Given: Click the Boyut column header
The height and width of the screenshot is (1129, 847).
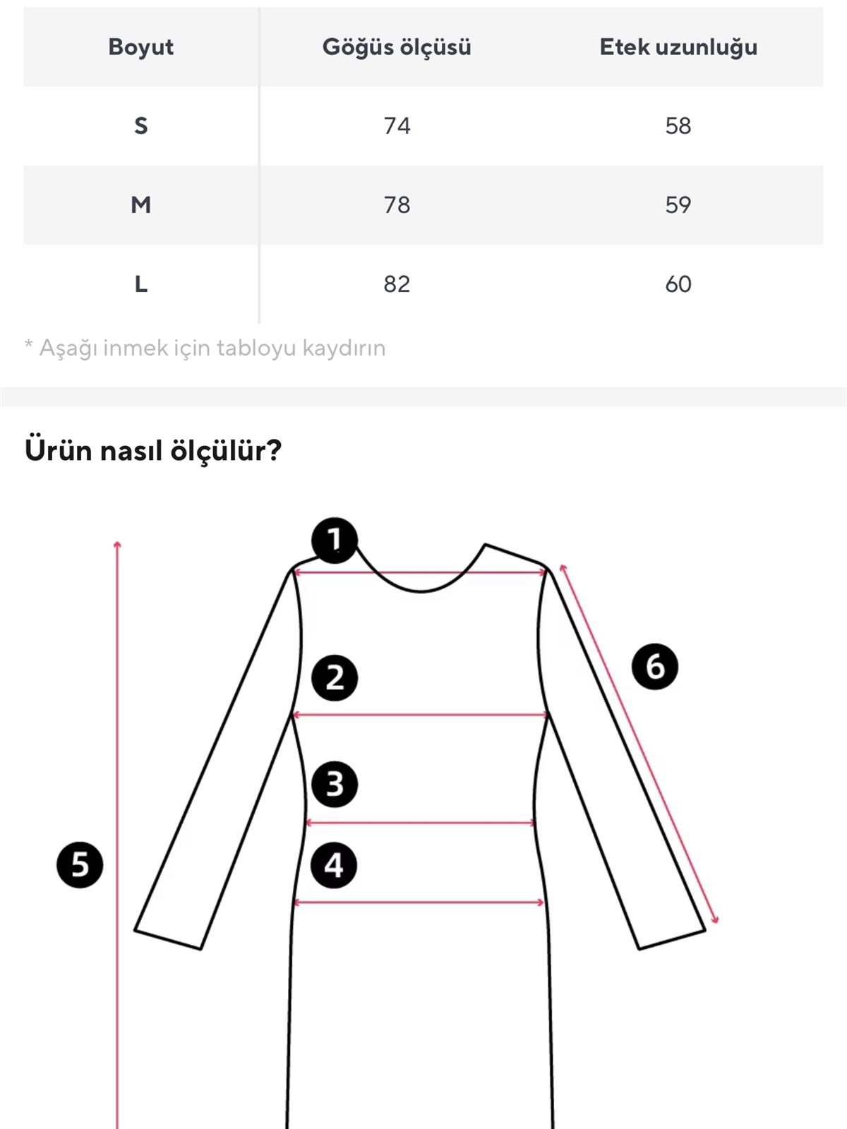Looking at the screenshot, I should tap(140, 47).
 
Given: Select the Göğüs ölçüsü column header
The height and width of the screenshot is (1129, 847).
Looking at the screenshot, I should tap(397, 47).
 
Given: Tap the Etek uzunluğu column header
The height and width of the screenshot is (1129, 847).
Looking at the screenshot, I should tap(678, 47).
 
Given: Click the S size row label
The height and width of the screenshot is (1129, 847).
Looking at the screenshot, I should tap(140, 126).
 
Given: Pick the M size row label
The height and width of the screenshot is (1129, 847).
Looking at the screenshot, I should tap(140, 205).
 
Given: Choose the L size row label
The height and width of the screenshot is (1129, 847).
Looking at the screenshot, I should tap(140, 284).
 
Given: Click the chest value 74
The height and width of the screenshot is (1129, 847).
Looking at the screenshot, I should tap(397, 126).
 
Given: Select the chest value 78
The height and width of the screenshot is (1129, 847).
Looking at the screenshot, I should tap(397, 205).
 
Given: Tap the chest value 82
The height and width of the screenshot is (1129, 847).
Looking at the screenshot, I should tap(397, 284).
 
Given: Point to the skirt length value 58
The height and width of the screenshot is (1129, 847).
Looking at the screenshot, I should tap(678, 126).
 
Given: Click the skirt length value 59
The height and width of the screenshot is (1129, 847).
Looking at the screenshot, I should tap(678, 205).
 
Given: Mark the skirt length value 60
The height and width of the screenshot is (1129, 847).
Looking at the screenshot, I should tap(678, 284).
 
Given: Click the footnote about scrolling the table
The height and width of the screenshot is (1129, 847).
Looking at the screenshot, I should tap(205, 348).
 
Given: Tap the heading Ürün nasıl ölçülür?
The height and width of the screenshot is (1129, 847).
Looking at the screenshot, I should tap(153, 450).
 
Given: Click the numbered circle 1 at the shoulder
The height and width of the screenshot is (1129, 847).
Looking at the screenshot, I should tap(335, 541).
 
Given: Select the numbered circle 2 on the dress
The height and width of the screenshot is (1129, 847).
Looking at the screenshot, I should tap(335, 677).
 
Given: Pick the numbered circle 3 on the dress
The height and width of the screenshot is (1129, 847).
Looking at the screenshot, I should tap(335, 784).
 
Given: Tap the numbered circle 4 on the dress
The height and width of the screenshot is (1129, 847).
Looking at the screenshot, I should tap(334, 865).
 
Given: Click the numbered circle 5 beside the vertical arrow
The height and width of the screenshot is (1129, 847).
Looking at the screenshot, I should tap(80, 864).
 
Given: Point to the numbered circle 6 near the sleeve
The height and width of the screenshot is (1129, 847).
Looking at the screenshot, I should tap(654, 666).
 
